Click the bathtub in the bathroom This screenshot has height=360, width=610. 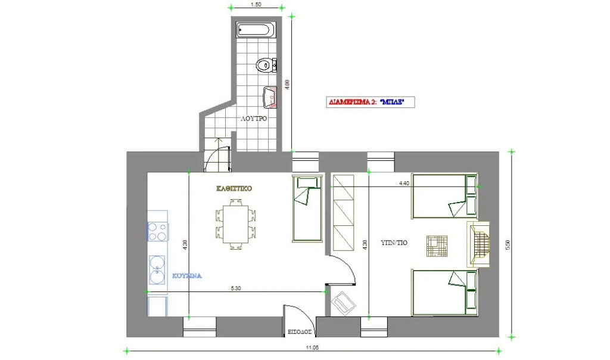click(254, 30)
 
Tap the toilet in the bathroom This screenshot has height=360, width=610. click(266, 64)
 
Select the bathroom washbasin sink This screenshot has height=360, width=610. click(270, 97)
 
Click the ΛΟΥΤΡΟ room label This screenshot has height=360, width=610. click(254, 119)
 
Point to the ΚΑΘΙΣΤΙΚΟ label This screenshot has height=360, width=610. click(234, 188)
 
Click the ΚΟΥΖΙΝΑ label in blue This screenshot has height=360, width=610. click(186, 276)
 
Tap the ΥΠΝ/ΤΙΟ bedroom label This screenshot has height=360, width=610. click(394, 243)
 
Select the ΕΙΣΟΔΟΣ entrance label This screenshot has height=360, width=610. click(300, 332)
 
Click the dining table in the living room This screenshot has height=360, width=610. click(235, 224)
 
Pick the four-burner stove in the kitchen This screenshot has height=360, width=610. click(157, 231)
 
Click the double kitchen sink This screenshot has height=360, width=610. click(157, 269)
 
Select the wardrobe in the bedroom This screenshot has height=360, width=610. click(343, 213)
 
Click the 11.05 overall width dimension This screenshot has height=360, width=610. click(312, 347)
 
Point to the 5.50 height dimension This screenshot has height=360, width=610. click(508, 244)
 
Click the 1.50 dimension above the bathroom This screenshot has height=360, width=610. click(256, 5)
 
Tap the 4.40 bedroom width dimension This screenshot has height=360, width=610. click(404, 184)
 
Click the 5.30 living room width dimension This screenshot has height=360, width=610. click(236, 288)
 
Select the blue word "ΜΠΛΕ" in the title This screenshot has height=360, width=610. click(392, 103)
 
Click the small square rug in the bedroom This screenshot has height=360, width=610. click(437, 246)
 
